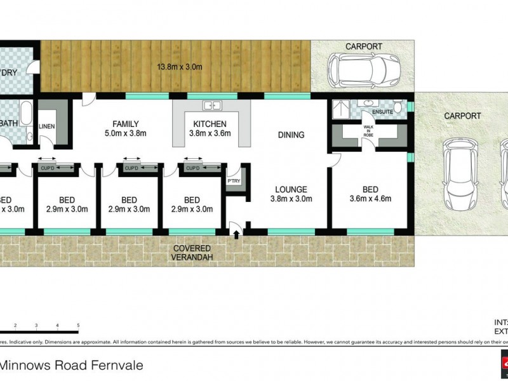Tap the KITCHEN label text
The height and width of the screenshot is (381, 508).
coord(208,124)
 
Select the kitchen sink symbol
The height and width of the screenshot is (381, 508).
coord(211,105)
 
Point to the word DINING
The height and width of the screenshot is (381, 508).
coord(291,135)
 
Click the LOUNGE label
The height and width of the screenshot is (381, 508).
coord(291,189)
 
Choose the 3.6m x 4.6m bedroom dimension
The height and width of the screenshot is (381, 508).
coord(370,199)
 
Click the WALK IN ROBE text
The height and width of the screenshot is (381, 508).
coord(369,130)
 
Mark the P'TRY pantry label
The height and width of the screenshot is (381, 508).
coord(234,182)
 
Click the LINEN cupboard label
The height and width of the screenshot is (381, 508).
coord(48,126)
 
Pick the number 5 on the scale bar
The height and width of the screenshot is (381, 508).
coord(78,326)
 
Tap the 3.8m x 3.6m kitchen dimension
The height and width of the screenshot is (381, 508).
coord(208,133)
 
